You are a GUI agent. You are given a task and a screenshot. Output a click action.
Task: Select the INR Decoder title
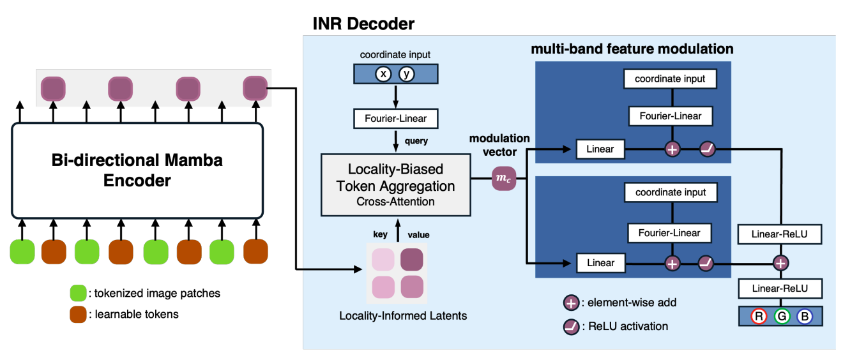(363, 24)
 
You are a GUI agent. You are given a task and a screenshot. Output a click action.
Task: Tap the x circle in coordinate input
(383, 75)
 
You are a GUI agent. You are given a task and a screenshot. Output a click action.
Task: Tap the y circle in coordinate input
(407, 75)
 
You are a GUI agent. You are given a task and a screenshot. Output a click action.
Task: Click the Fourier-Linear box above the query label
(395, 118)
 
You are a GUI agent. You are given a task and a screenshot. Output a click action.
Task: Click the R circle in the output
(759, 317)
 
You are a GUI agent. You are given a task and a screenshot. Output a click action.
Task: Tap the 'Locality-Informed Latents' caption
(402, 315)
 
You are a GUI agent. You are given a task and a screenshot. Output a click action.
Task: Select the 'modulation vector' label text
(499, 144)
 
